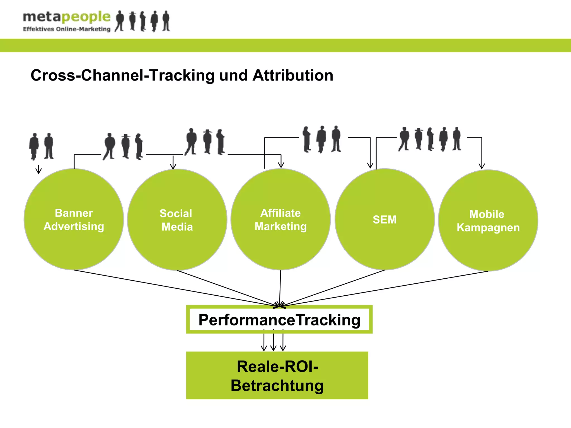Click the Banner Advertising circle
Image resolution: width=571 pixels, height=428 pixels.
point(74,219)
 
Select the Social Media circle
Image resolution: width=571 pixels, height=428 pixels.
point(177,220)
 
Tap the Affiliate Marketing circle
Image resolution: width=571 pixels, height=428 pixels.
point(280,219)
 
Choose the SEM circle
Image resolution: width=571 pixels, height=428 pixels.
point(384,219)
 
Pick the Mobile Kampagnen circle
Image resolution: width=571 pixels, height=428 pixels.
point(488,220)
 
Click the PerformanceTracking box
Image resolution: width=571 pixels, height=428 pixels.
point(279,320)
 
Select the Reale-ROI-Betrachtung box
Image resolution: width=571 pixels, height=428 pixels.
point(277,375)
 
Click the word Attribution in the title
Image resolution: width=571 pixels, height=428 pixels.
point(293,75)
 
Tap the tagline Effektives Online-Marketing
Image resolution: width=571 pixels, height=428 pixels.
point(66,29)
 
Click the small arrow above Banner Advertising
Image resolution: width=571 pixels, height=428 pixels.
point(39,169)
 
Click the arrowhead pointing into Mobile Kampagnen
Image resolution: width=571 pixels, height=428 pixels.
point(482,166)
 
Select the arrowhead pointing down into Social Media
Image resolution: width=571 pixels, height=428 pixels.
point(173,166)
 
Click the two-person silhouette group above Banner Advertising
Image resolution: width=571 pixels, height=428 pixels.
point(41,146)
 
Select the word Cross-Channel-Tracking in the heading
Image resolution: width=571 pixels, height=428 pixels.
point(123,75)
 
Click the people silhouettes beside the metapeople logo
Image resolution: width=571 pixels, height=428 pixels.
point(142,21)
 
